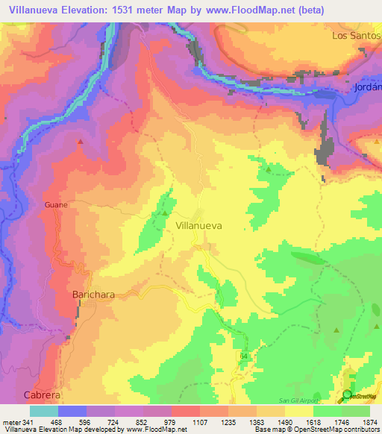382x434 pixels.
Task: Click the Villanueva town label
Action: pyautogui.click(x=198, y=224)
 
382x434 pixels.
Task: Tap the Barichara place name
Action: pyautogui.click(x=93, y=295)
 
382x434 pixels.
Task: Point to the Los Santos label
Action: pyautogui.click(x=351, y=35)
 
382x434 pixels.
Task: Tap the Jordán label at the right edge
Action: pyautogui.click(x=366, y=87)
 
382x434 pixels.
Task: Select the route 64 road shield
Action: pyautogui.click(x=243, y=357)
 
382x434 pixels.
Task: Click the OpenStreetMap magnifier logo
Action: pyautogui.click(x=347, y=395)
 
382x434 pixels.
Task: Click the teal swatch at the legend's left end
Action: pyautogui.click(x=44, y=411)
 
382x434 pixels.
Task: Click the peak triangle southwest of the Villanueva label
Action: pyautogui.click(x=164, y=213)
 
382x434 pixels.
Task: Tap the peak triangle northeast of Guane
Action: pyautogui.click(x=81, y=140)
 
